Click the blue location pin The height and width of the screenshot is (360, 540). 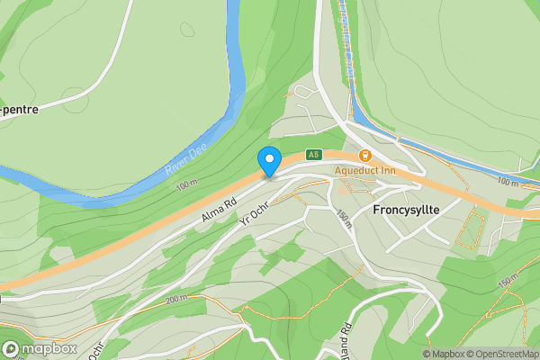269,160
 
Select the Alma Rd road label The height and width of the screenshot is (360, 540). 218,212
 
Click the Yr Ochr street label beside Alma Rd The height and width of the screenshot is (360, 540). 255,211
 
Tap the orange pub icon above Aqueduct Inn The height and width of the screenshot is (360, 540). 365,156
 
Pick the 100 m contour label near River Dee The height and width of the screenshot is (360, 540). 186,184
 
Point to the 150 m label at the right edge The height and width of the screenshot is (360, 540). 508,281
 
